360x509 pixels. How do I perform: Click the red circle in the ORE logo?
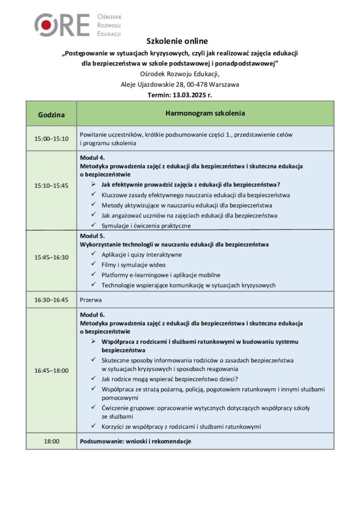point(46,25)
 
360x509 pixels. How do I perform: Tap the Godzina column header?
point(51,114)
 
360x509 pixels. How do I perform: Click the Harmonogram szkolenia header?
point(205,114)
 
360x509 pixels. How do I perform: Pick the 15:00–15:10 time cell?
point(51,138)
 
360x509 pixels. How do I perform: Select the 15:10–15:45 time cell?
point(51,185)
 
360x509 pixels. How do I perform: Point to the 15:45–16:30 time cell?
point(51,257)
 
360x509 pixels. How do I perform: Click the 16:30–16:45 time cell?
point(51,300)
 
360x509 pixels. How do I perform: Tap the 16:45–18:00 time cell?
point(51,370)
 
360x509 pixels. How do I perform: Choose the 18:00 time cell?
point(51,441)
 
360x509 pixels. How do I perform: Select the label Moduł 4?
point(92,158)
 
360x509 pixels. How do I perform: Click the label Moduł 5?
point(92,236)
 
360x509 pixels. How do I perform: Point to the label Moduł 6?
point(92,315)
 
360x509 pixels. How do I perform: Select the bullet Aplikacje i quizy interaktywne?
point(141,254)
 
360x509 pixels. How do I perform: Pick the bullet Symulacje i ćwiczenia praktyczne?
point(146,226)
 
